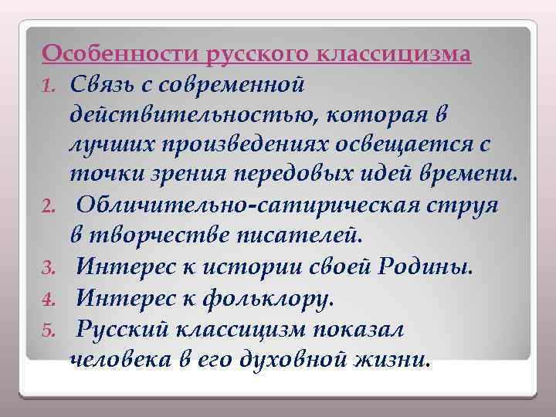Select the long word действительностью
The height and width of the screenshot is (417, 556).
coord(196,114)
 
